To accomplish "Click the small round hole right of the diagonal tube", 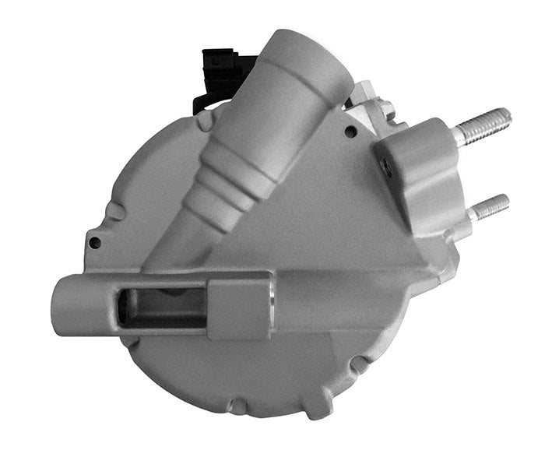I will pyautogui.click(x=350, y=132).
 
